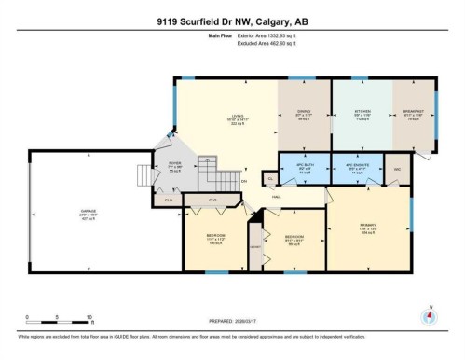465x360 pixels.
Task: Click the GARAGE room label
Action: pyautogui.click(x=88, y=212)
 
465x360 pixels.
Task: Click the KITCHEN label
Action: pyautogui.click(x=362, y=113)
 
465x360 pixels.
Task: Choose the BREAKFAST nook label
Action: pyautogui.click(x=412, y=113)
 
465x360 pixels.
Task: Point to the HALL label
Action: pyautogui.click(x=277, y=197)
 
